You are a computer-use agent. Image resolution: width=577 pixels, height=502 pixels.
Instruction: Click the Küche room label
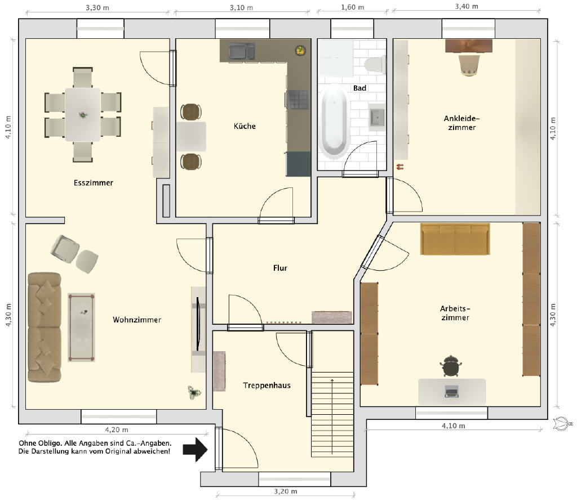click(x=245, y=126)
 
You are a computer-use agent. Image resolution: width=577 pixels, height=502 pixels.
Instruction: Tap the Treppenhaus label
click(x=267, y=385)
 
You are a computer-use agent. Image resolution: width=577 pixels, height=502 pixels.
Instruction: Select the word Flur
click(x=280, y=268)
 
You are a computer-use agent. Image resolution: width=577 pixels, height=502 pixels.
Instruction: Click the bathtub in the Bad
click(x=334, y=121)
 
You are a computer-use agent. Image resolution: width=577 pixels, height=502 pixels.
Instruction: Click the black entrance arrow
click(x=196, y=450)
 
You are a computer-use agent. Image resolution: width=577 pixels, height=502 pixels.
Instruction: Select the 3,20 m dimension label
click(x=286, y=491)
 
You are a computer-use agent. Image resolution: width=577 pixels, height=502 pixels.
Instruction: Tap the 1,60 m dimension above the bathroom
click(x=353, y=7)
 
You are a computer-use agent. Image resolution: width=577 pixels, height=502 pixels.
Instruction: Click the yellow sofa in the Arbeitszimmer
click(x=455, y=239)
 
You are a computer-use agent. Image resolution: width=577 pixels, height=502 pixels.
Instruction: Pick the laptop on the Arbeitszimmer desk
click(x=452, y=391)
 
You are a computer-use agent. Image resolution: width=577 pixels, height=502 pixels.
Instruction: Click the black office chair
click(x=451, y=366)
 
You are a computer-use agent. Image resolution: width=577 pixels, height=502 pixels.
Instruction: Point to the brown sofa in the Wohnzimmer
click(x=45, y=328)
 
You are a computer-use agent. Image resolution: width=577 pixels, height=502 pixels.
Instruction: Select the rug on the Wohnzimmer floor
click(x=81, y=328)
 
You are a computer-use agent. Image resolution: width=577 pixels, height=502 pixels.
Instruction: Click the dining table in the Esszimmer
click(x=83, y=115)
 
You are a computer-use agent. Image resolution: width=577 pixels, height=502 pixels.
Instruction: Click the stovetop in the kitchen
click(x=298, y=100)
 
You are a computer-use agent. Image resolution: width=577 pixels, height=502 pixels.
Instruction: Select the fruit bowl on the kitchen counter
click(x=301, y=50)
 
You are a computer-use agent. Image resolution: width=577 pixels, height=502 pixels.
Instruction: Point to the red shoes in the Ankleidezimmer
click(x=400, y=167)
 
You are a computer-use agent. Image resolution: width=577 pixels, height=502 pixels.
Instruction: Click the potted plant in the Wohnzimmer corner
click(x=194, y=392)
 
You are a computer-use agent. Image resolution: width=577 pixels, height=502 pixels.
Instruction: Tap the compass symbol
click(x=562, y=424)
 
